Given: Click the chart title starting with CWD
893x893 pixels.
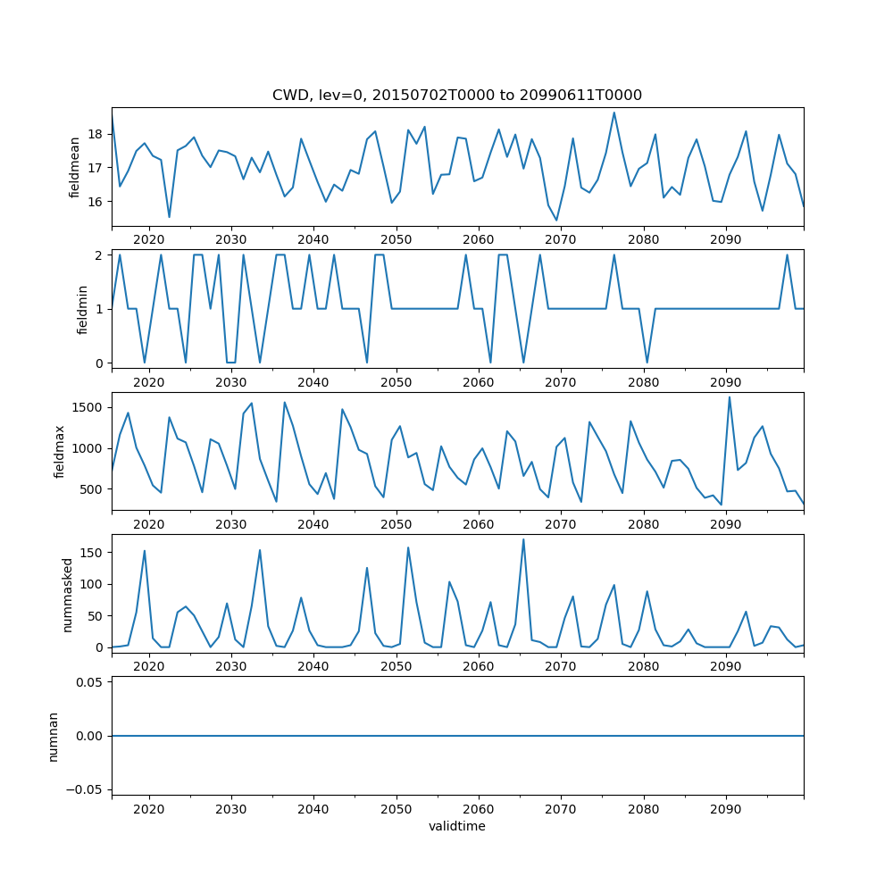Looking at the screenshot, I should pyautogui.click(x=456, y=95).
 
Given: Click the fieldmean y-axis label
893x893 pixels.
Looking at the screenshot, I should pyautogui.click(x=75, y=167).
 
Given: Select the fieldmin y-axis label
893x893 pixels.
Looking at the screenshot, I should pyautogui.click(x=82, y=309).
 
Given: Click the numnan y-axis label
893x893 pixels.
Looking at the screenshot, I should pyautogui.click(x=53, y=736).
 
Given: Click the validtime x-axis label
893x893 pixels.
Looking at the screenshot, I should pyautogui.click(x=456, y=826).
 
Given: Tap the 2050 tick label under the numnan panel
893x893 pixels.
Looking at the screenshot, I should pyautogui.click(x=396, y=809).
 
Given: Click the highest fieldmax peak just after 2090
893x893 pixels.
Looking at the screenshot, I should pyautogui.click(x=730, y=397).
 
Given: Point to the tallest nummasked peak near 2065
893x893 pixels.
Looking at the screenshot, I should pyautogui.click(x=523, y=538).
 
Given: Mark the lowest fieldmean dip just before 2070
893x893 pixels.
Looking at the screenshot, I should pyautogui.click(x=556, y=220).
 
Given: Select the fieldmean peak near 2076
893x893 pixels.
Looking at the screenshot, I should pyautogui.click(x=614, y=113).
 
